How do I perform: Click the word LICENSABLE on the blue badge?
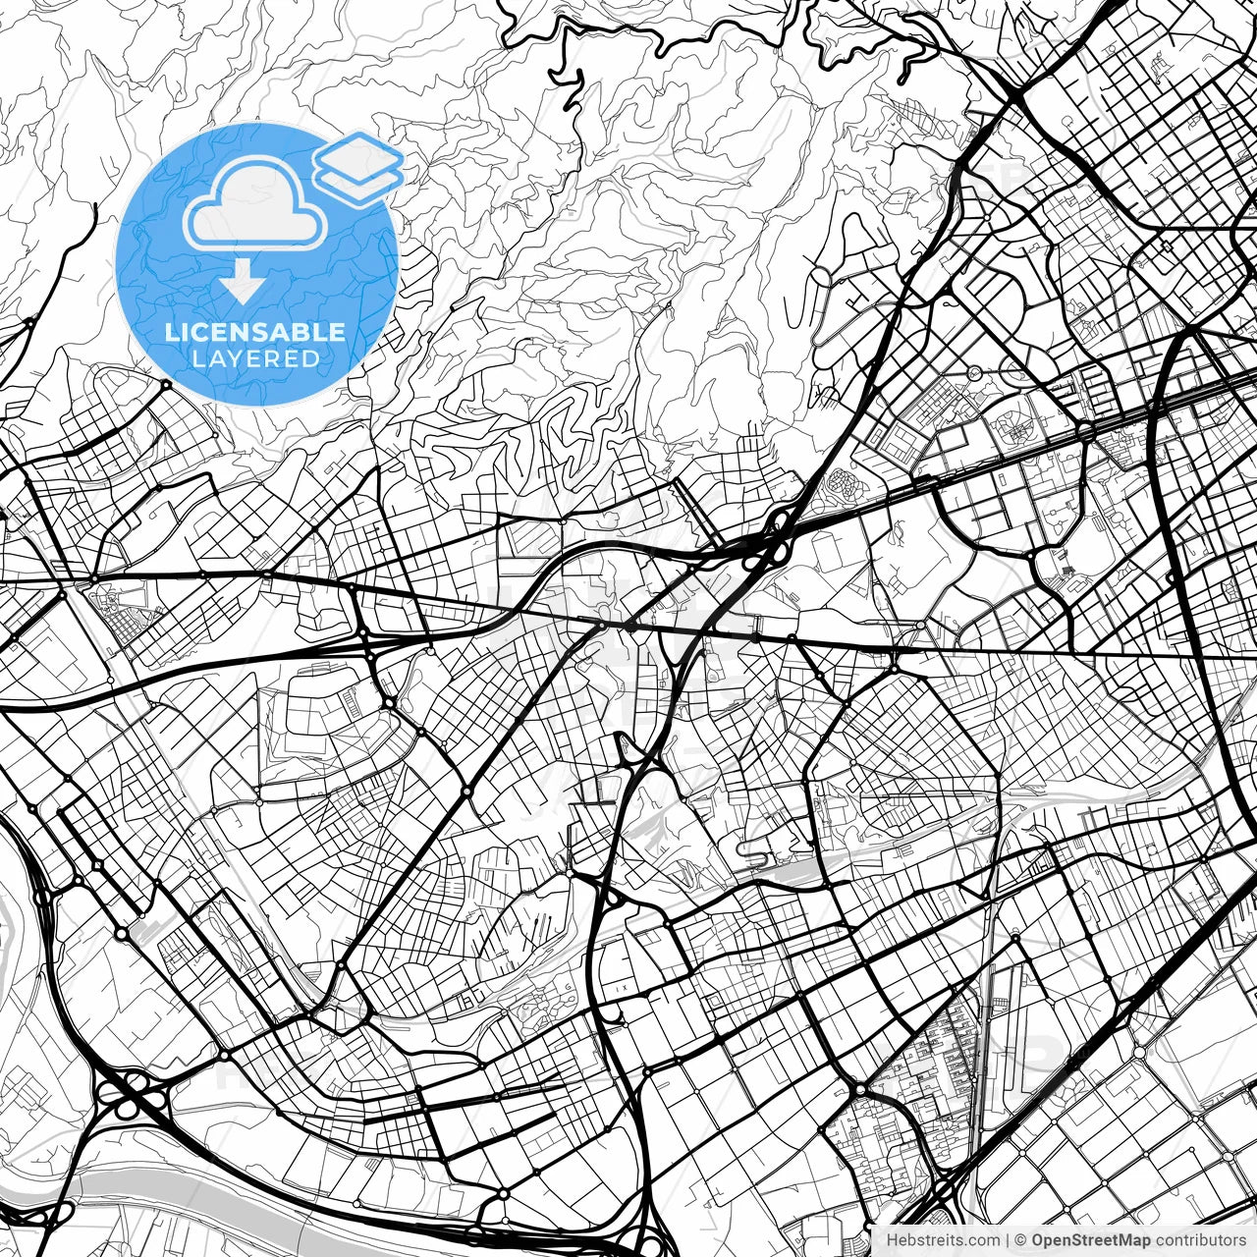[255, 332]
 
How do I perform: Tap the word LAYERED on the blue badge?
[255, 358]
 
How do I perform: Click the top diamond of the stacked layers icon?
[358, 153]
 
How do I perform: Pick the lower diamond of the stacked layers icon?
[358, 183]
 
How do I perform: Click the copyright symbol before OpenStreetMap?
[1021, 1240]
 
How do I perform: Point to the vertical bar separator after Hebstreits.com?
[1009, 1240]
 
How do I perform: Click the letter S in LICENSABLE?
[265, 332]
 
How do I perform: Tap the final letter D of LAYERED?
[310, 358]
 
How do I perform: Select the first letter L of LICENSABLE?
[171, 332]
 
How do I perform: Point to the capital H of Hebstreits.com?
[892, 1240]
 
